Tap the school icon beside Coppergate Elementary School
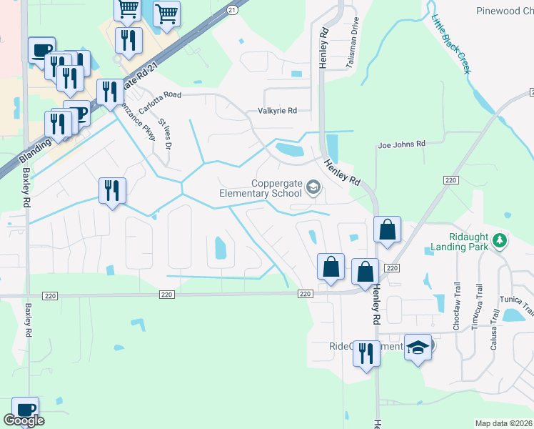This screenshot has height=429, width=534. point(313,188)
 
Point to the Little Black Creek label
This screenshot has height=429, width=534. point(451,42)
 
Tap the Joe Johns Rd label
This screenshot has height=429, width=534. point(401,144)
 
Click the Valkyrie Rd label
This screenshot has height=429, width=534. point(277,111)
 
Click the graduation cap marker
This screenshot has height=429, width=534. point(418,347)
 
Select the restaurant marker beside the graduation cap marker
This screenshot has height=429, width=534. point(366,353)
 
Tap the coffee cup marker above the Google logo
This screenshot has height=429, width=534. point(26,410)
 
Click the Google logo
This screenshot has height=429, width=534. point(24,421)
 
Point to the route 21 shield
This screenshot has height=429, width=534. point(231,9)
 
